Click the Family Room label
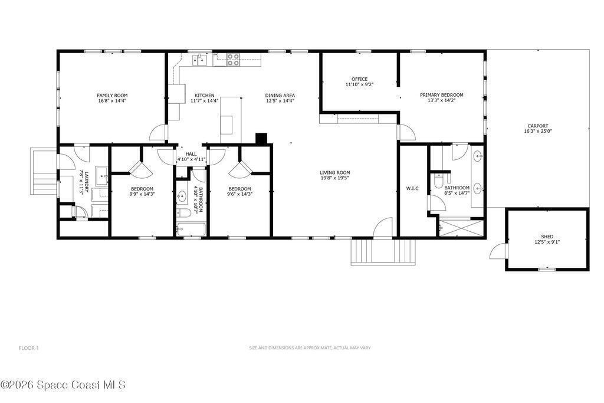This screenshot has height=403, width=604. coord(112,96)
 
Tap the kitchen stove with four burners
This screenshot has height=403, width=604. coord(232,60)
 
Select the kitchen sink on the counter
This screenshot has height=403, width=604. coord(200,60)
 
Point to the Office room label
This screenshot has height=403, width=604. coord(359,79)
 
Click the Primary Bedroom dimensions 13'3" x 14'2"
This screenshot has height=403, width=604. coord(441,100)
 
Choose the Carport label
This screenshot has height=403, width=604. coord(538,126)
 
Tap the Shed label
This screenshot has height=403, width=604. coord(547,237)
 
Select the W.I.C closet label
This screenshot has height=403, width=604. coord(412,188)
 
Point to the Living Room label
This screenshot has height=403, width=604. coord(335,173)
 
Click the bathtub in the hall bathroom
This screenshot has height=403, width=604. coord(191,230)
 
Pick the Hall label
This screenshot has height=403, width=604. coord(191,154)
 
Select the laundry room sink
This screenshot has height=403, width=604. coord(101,176)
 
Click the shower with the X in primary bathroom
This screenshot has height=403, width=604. coord(461,227)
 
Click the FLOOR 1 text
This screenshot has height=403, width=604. coord(29,348)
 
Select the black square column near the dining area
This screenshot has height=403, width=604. coord(261,138)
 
